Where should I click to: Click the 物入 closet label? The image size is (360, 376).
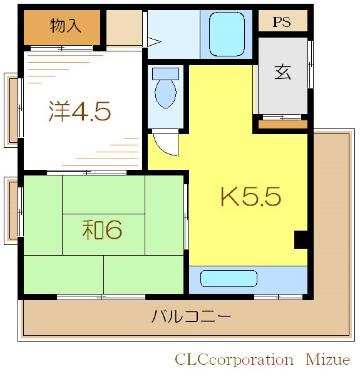(65, 26)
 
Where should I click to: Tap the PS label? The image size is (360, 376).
(282, 21)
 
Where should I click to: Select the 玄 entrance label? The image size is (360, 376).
(282, 72)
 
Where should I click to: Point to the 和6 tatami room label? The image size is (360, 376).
(101, 230)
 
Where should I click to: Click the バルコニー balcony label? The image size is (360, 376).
(191, 316)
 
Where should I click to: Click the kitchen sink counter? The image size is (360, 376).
(229, 278)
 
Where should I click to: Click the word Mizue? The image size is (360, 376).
(327, 360)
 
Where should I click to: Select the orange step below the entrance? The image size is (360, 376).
(283, 124)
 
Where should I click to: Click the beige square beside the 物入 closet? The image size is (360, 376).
(124, 28)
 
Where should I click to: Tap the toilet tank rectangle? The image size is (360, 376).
(166, 73)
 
